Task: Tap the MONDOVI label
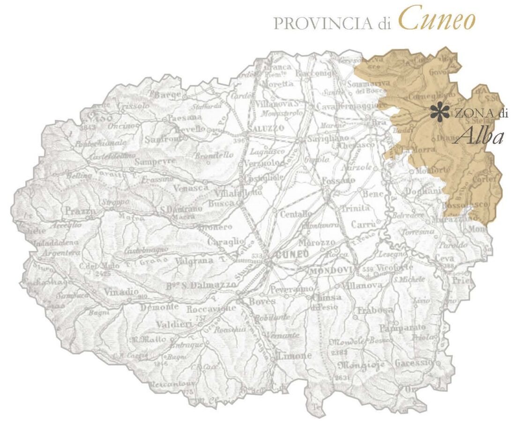(327, 270)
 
